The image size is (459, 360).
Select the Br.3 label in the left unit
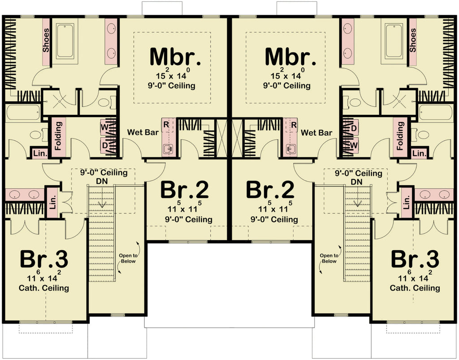click(x=44, y=259)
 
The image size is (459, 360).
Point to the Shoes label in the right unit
click(x=413, y=40)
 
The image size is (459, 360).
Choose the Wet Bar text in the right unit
click(x=316, y=133)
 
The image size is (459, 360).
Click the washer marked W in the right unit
click(x=354, y=146)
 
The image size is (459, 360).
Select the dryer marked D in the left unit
click(x=104, y=146)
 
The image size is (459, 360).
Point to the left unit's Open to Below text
click(x=128, y=258)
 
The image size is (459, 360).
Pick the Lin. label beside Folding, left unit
click(x=38, y=153)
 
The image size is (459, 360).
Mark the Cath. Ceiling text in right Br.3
click(x=415, y=288)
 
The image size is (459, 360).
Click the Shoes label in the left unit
click(x=46, y=40)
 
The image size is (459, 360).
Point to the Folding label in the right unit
click(x=400, y=137)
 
